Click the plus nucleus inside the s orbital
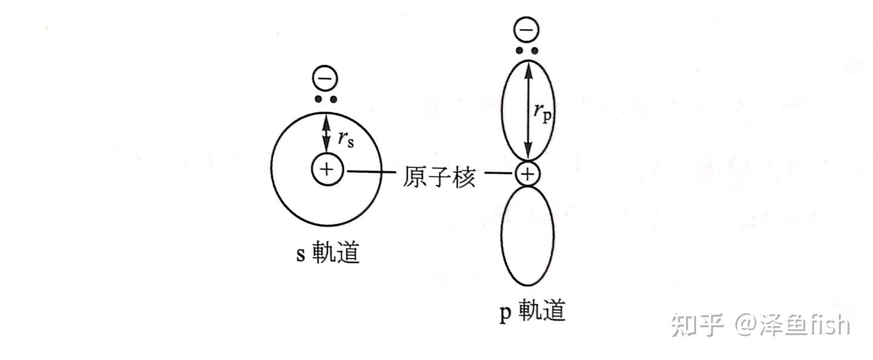(x=327, y=168)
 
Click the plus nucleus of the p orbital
(x=527, y=175)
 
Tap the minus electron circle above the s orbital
(x=326, y=79)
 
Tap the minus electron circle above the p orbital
(x=526, y=30)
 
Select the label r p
(x=543, y=112)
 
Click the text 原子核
(x=439, y=176)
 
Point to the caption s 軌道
(x=327, y=253)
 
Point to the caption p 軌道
(x=532, y=312)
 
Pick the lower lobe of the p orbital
(x=527, y=236)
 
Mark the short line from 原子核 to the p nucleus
(x=500, y=175)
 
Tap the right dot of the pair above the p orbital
(x=534, y=50)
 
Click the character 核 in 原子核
(x=463, y=176)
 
